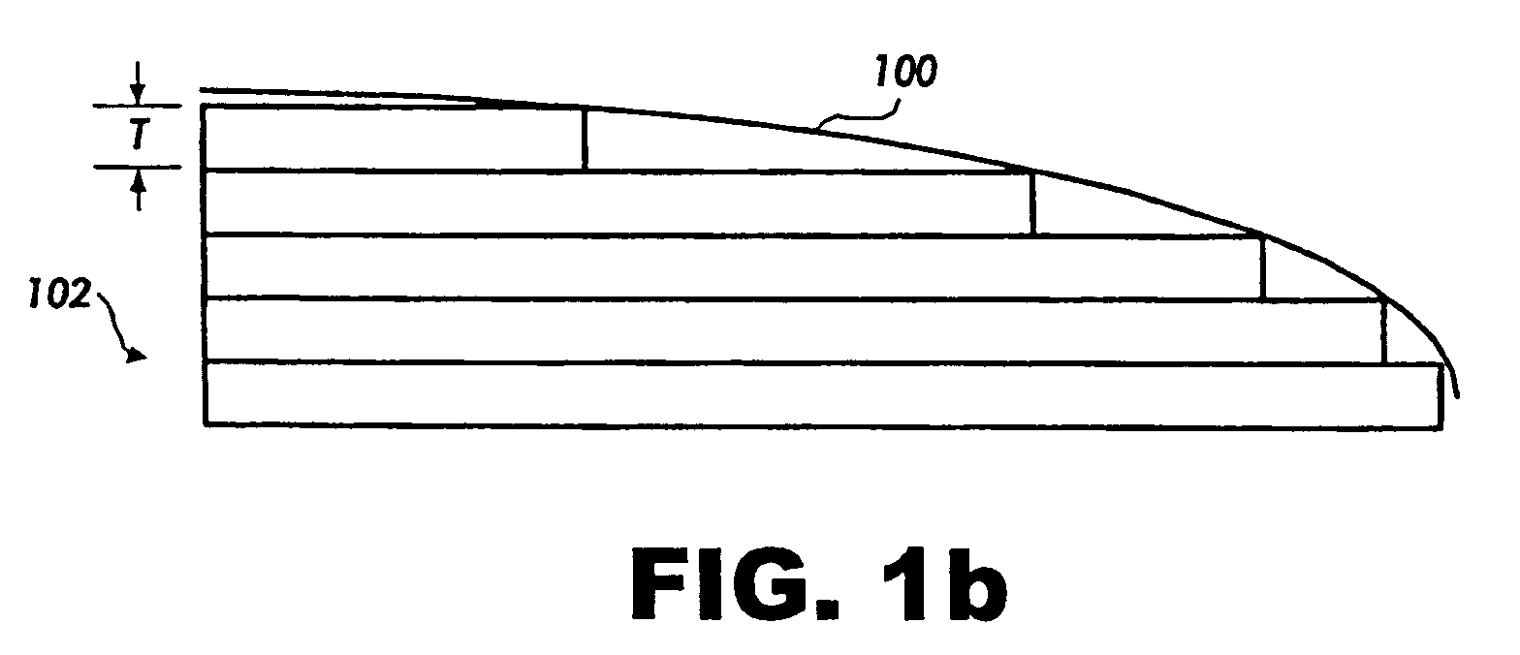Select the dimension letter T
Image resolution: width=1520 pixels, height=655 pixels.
click(x=139, y=137)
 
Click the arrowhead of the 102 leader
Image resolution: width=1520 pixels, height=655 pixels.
click(x=137, y=357)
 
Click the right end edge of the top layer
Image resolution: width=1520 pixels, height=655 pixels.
click(x=585, y=139)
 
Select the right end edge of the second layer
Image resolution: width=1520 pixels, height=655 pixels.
click(x=1033, y=203)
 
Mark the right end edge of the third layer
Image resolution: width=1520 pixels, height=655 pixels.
click(x=1263, y=266)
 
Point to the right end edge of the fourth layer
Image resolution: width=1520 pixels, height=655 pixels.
click(x=1383, y=330)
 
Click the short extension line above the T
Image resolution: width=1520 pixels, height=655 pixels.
click(x=137, y=106)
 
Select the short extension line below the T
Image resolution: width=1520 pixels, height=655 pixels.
click(x=137, y=168)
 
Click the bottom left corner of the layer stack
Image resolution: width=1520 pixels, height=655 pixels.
click(x=206, y=423)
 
